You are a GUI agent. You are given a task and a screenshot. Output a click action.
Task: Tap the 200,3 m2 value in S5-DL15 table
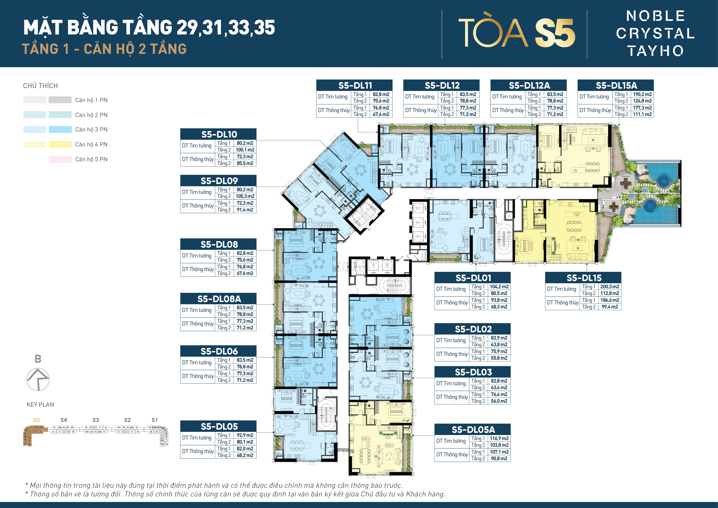[609, 287]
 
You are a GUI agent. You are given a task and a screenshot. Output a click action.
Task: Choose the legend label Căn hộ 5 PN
[91, 159]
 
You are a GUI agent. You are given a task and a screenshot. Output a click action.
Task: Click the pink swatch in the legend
[60, 159]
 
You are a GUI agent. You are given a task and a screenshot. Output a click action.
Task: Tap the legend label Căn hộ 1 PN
[91, 100]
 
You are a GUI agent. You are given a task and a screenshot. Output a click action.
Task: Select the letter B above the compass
[38, 359]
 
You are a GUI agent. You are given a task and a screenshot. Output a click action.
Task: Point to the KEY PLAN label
[40, 404]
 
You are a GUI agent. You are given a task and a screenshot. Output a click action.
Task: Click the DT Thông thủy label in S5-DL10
[198, 159]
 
